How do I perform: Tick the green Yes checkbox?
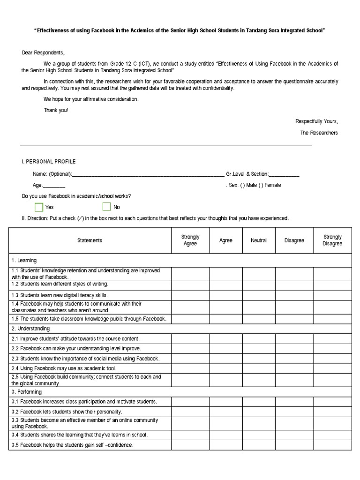click(x=39, y=207)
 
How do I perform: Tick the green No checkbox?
click(x=106, y=207)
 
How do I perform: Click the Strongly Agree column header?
click(x=190, y=240)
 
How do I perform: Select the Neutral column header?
click(x=259, y=240)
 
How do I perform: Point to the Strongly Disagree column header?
click(x=332, y=240)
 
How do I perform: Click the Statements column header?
click(x=90, y=240)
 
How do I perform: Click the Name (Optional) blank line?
click(x=148, y=174)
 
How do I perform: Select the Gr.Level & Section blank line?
click(x=284, y=174)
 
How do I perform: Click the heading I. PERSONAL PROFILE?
click(x=49, y=162)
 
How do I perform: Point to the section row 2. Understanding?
click(x=30, y=329)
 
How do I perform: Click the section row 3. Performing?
click(x=27, y=392)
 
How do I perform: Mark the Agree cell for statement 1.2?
click(x=226, y=284)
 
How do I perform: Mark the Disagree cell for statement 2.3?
click(x=294, y=359)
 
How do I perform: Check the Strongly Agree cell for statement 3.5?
click(x=190, y=445)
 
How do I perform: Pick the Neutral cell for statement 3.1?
click(x=259, y=402)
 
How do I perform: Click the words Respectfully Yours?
click(x=316, y=121)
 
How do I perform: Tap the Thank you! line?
click(x=56, y=110)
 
